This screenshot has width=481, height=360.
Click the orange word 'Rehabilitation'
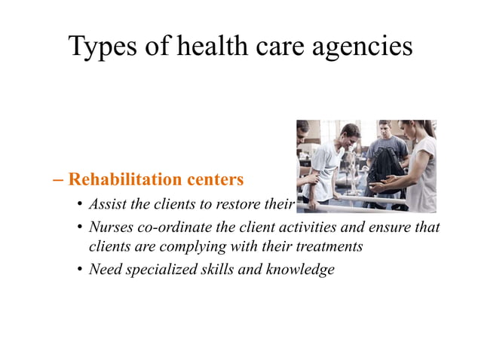(x=124, y=180)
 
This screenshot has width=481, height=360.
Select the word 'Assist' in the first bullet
(x=105, y=205)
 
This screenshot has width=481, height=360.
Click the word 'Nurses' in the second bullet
(x=109, y=227)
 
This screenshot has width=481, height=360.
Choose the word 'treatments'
(x=328, y=246)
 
